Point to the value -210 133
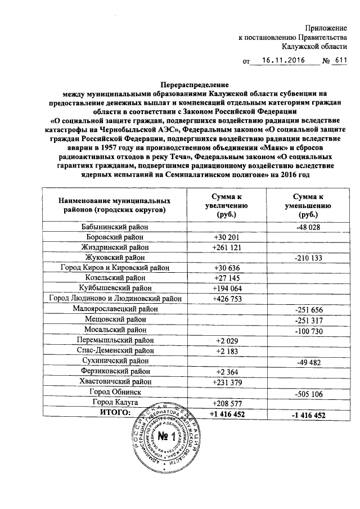tap(307, 258)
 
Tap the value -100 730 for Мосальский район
tap(307, 330)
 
